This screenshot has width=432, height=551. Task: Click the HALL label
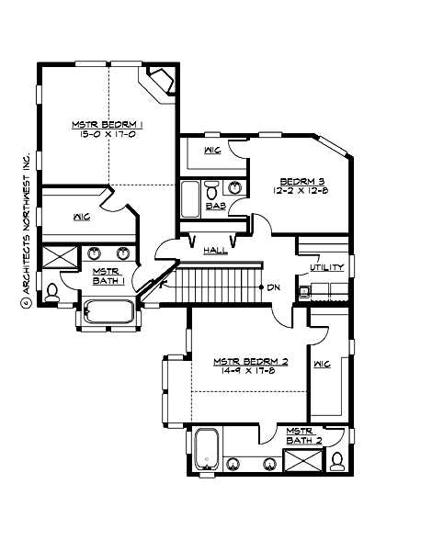[x=216, y=249]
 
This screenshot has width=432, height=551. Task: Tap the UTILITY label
[x=326, y=268]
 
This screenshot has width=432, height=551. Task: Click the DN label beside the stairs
[x=273, y=287]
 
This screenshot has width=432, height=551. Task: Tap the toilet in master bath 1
[x=51, y=292]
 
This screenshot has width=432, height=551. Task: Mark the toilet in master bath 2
[x=336, y=458]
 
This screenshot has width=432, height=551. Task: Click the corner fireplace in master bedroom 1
[x=160, y=82]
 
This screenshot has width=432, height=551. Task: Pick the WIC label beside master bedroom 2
[x=321, y=364]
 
